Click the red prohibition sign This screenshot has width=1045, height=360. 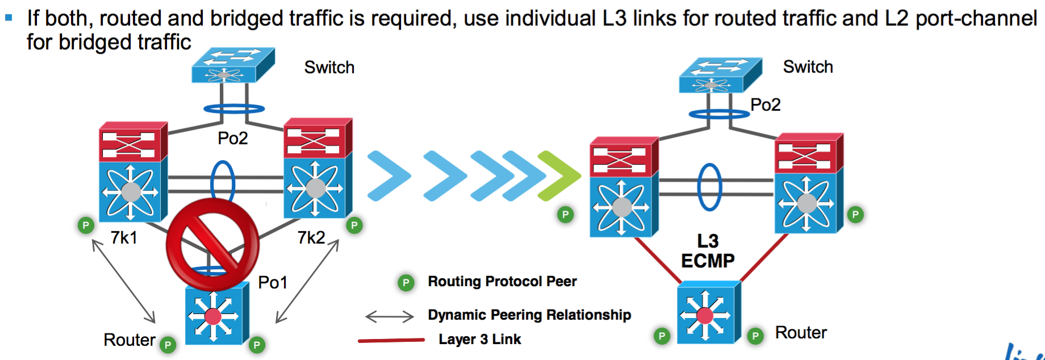[x=212, y=245]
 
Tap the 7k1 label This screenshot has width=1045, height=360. [x=124, y=237]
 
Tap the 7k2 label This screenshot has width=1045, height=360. [x=311, y=237]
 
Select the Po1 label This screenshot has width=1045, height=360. [x=273, y=282]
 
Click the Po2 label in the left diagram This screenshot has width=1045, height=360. [x=233, y=138]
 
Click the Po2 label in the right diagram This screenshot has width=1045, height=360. [x=765, y=104]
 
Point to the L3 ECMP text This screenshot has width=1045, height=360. [x=708, y=251]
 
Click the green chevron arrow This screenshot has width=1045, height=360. [x=559, y=176]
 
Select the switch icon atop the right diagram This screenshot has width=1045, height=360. [x=720, y=75]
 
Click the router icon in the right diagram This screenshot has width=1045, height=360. [x=708, y=313]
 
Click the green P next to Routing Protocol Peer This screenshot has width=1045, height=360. [x=406, y=282]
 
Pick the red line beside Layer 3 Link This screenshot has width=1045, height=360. [x=391, y=340]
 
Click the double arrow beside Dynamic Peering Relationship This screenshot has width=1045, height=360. [x=390, y=316]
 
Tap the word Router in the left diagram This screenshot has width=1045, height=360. [x=129, y=340]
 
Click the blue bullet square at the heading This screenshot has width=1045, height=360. [x=9, y=18]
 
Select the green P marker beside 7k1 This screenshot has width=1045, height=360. [x=85, y=225]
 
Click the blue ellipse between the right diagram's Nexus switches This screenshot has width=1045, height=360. [x=709, y=187]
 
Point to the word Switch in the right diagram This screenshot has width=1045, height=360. [x=808, y=67]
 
